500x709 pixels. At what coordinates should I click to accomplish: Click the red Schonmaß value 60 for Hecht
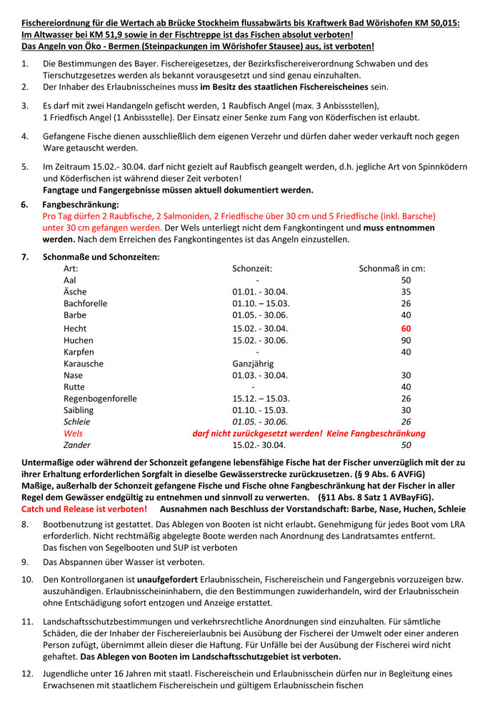(406, 329)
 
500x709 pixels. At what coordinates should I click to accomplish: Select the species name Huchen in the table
(79, 340)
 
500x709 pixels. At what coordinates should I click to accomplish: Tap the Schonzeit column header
(252, 269)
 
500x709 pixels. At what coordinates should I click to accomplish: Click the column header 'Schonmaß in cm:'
(392, 269)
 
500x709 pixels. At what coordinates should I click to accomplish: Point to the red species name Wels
(73, 433)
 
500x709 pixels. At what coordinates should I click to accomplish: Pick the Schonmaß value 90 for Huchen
(406, 340)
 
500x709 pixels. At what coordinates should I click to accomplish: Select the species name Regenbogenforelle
(100, 399)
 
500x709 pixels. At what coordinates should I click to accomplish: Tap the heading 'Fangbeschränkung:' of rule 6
(81, 205)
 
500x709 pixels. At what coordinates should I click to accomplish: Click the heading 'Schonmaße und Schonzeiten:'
(101, 257)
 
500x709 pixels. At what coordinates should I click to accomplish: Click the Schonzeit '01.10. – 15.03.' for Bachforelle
(261, 304)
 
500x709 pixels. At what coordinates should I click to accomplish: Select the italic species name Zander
(78, 445)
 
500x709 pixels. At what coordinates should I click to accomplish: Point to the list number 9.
(24, 562)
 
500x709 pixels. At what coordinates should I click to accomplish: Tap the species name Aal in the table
(71, 281)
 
